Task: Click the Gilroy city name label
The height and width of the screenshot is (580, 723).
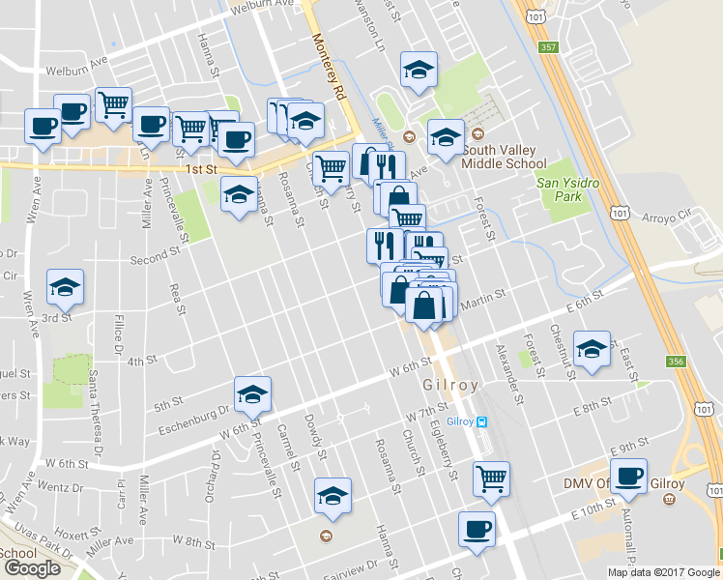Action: coord(450,385)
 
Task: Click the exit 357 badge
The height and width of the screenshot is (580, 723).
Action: coord(547,46)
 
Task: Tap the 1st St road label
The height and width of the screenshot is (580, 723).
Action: coord(201,170)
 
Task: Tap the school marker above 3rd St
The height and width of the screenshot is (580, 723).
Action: coord(65,287)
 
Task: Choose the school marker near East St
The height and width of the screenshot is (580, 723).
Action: coord(592,348)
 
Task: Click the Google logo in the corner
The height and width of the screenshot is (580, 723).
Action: coord(32,568)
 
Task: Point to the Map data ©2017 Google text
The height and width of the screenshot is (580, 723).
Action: coord(663,572)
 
